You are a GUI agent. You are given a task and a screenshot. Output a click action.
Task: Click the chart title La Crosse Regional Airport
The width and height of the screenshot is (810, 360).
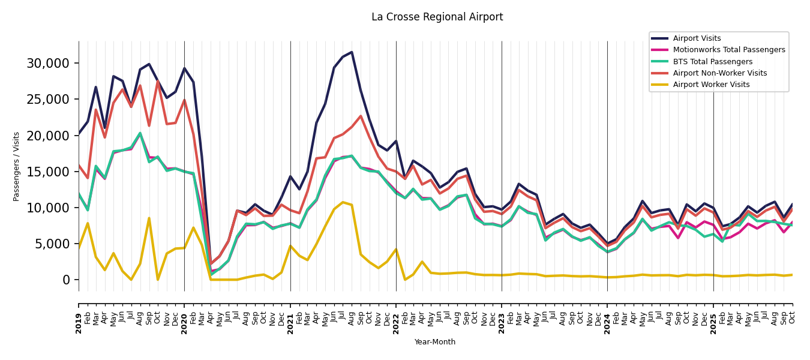(437, 17)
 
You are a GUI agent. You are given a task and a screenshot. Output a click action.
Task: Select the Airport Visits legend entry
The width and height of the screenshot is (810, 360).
(697, 38)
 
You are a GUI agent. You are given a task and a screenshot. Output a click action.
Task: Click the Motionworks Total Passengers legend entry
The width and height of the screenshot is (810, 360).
(728, 50)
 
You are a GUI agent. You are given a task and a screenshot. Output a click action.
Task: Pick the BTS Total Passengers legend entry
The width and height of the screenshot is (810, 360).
(712, 62)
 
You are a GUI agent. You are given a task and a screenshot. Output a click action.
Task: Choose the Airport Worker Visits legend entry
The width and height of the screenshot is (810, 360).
(711, 85)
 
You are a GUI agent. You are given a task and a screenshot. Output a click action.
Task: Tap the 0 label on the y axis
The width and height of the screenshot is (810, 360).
(66, 280)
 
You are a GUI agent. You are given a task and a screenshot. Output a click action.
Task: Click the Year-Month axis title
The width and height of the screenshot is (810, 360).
(435, 342)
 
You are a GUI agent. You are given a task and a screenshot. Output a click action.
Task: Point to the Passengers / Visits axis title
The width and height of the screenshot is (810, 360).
(17, 166)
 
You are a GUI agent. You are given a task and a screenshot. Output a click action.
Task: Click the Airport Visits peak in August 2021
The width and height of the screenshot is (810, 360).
(352, 52)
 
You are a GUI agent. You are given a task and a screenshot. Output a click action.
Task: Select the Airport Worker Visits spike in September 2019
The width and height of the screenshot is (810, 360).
(149, 218)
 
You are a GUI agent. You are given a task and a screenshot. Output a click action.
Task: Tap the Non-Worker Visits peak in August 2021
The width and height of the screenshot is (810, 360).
(361, 116)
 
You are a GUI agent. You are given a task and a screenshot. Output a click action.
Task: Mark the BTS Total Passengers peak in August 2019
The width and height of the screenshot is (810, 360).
(140, 133)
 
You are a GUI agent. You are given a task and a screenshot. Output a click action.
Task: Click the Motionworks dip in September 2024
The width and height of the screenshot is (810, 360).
(678, 238)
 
